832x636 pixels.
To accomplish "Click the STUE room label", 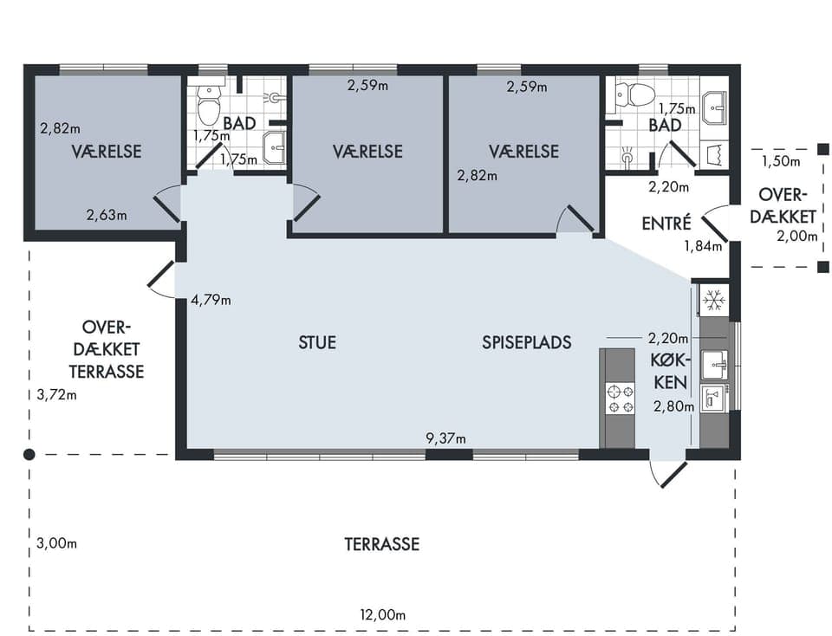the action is (x=317, y=342).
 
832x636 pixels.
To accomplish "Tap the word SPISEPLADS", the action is (x=527, y=342).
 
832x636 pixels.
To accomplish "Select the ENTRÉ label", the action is (x=666, y=224).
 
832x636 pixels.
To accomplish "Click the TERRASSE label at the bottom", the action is (x=382, y=544).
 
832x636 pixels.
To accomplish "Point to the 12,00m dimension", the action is (x=383, y=615).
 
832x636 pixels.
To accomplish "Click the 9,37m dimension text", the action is (x=445, y=438).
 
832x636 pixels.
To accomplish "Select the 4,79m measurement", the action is (x=211, y=300).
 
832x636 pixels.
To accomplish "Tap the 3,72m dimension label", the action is (x=57, y=394).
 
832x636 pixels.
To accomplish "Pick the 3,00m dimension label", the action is (x=57, y=543).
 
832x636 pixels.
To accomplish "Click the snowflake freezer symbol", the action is (x=713, y=300).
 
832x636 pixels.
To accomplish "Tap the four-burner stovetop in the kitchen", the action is (x=621, y=399).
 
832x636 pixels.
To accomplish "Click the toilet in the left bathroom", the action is (x=209, y=104).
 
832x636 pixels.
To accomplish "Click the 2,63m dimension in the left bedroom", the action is (x=107, y=215).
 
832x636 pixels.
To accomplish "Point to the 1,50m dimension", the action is (x=781, y=161).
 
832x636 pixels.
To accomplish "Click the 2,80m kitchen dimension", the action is (x=674, y=407).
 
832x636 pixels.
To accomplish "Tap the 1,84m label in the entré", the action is (x=703, y=246).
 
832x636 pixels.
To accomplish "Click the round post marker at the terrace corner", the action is (x=29, y=455).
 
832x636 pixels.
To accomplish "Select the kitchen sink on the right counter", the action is (x=715, y=365).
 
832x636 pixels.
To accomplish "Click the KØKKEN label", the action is (x=671, y=372).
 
